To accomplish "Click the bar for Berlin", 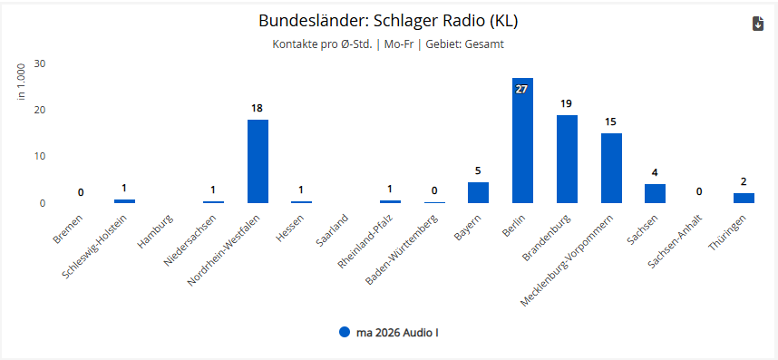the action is pos(522,141).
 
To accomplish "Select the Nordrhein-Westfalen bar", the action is pos(258,161).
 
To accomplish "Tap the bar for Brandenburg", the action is pos(567,159).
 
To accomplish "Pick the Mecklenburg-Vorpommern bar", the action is pos(611,168).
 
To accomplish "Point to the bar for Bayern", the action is pos(478,192).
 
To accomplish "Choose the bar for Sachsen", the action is pos(655,193).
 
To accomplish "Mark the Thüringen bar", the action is pos(744,198).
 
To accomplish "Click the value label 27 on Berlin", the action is pos(521,89).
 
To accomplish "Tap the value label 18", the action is pos(257,108).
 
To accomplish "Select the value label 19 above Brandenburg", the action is pos(567,103).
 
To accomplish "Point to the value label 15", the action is pos(611,122).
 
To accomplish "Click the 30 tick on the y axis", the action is pos(40,63).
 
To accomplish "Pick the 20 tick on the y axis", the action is pos(40,110).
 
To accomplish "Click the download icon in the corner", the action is pos(758,24).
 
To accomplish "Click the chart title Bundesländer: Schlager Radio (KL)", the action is pos(388,21).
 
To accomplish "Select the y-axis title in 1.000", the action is pos(22,82).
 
